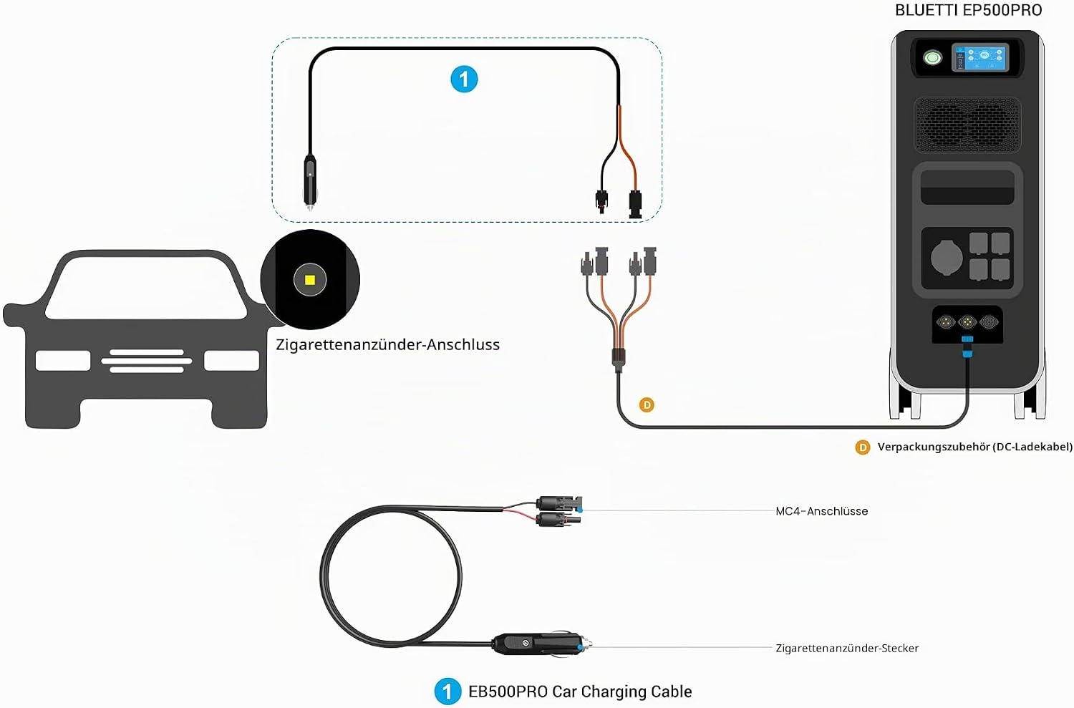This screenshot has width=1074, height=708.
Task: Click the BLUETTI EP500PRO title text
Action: pos(968,10)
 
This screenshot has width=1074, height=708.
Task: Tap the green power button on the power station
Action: pos(932,58)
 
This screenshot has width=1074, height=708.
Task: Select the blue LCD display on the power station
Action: pos(980,57)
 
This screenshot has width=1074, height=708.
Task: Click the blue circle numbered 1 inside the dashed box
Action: pos(464,79)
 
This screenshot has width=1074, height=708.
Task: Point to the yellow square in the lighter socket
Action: pos(310,280)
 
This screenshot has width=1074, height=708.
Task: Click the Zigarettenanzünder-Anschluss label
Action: pos(387,344)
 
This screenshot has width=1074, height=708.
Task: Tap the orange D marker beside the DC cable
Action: pos(647,405)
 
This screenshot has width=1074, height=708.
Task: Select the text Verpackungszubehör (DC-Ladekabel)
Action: pos(974,447)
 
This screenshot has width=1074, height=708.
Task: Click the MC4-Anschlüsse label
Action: pos(821,511)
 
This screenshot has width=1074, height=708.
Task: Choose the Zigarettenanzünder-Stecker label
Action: pos(847,648)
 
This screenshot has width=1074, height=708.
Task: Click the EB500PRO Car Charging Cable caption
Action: pos(580,692)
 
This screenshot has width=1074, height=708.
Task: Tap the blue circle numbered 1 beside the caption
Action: pos(447,692)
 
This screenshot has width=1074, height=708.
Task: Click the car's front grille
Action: pos(146,361)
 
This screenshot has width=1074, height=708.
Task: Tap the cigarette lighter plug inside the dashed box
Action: pos(310,181)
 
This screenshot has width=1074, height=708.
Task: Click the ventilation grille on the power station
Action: pos(967,125)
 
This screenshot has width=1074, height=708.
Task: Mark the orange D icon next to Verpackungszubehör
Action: pos(862,447)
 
